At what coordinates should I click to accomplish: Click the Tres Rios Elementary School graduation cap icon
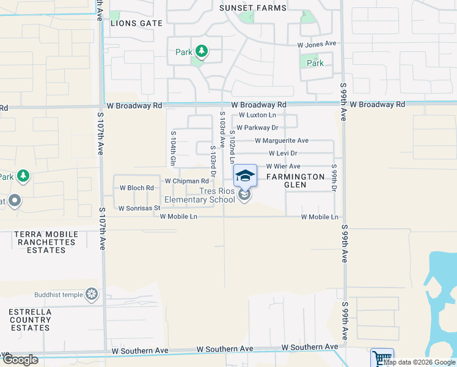pyautogui.click(x=245, y=176)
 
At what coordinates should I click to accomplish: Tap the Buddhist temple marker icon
pyautogui.click(x=92, y=294)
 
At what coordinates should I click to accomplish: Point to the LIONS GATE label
pyautogui.click(x=137, y=23)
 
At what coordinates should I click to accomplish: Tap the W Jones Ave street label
pyautogui.click(x=316, y=44)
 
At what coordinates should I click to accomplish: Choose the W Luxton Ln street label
pyautogui.click(x=257, y=115)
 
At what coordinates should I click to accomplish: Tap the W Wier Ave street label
pyautogui.click(x=283, y=166)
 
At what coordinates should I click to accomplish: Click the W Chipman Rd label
pyautogui.click(x=186, y=181)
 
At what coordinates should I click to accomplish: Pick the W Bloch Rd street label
pyautogui.click(x=136, y=188)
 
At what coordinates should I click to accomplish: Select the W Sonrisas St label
pyautogui.click(x=139, y=208)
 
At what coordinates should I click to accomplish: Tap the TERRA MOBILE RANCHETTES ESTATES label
pyautogui.click(x=46, y=242)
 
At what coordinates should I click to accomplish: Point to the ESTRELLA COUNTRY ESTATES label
pyautogui.click(x=30, y=320)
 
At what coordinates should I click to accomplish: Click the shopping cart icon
pyautogui.click(x=382, y=358)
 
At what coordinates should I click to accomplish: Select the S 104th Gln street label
pyautogui.click(x=174, y=149)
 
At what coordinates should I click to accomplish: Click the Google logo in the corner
pyautogui.click(x=20, y=360)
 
